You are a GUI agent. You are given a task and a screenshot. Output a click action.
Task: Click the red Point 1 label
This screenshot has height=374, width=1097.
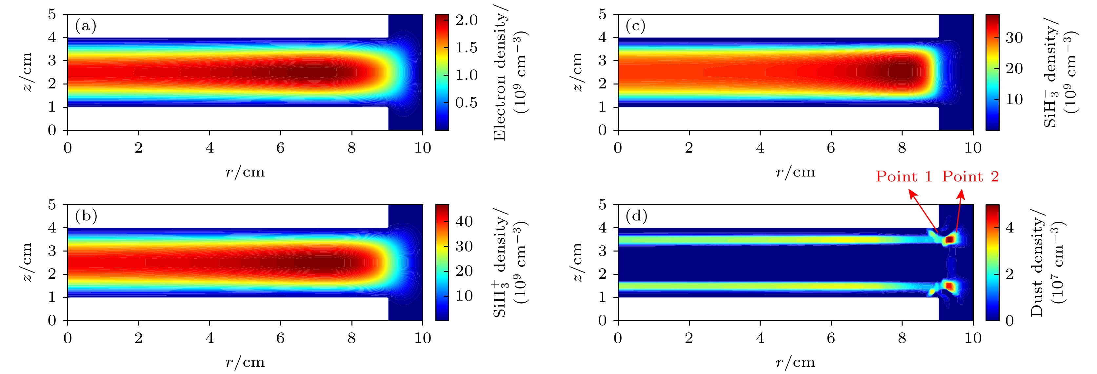point(903,177)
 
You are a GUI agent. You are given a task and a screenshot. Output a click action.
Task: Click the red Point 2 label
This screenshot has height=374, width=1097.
point(970,177)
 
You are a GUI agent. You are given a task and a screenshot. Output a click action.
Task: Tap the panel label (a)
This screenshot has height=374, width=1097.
point(86,27)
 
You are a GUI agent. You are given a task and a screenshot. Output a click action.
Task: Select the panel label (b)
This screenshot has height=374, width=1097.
point(86,216)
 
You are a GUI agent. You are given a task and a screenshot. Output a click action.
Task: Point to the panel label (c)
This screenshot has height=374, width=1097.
point(635,27)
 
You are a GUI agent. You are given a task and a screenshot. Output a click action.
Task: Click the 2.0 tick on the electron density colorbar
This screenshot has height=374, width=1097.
point(466,20)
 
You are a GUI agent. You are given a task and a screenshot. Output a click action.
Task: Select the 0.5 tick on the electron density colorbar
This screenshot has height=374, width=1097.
point(466,103)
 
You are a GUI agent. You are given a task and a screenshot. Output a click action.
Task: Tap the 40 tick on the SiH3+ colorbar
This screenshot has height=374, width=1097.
point(464,221)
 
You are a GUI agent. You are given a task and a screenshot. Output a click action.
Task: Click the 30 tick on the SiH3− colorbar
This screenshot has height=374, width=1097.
point(1014,38)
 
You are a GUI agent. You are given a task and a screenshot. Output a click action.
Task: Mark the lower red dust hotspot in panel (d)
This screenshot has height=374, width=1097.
point(949,286)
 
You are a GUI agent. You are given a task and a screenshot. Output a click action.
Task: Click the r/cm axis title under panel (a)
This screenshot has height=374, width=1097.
point(245,172)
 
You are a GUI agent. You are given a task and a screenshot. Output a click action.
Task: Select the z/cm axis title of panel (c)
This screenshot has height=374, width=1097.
point(577,72)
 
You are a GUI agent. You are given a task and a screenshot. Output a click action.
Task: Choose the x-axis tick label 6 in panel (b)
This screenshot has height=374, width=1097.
point(280,338)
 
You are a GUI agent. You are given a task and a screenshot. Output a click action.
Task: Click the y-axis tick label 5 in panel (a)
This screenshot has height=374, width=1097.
point(52,14)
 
